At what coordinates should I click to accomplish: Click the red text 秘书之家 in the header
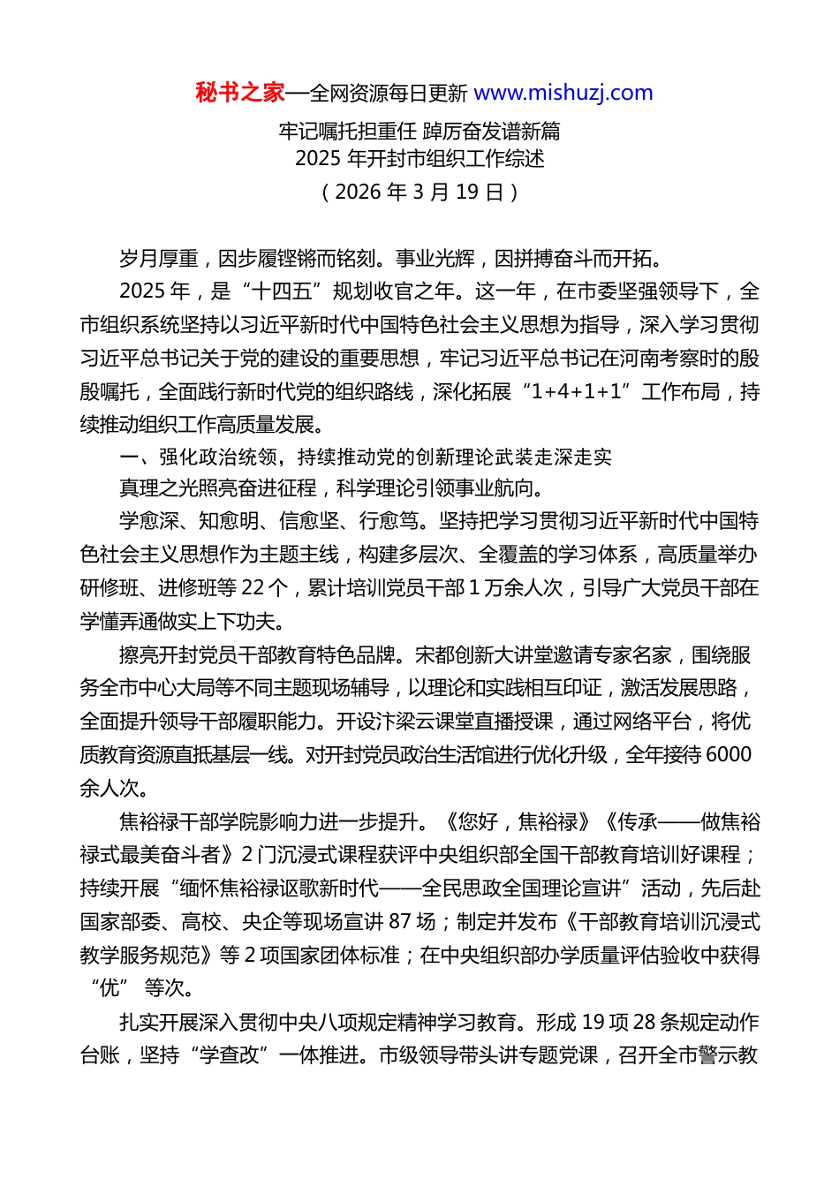point(239,93)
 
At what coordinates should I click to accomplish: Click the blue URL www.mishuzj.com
point(563,93)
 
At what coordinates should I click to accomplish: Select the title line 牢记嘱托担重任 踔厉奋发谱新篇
point(419,132)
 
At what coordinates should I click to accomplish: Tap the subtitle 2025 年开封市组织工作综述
point(419,159)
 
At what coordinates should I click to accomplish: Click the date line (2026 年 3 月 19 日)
point(419,192)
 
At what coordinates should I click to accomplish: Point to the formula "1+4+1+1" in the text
point(577,392)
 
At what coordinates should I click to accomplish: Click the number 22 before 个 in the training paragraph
point(252,588)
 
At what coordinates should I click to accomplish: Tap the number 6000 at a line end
point(729,755)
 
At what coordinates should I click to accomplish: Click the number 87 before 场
point(400,922)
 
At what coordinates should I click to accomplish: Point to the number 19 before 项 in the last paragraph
point(593,1023)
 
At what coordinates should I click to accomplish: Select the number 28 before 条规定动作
point(645,1023)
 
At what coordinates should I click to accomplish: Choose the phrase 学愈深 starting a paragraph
point(148,521)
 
